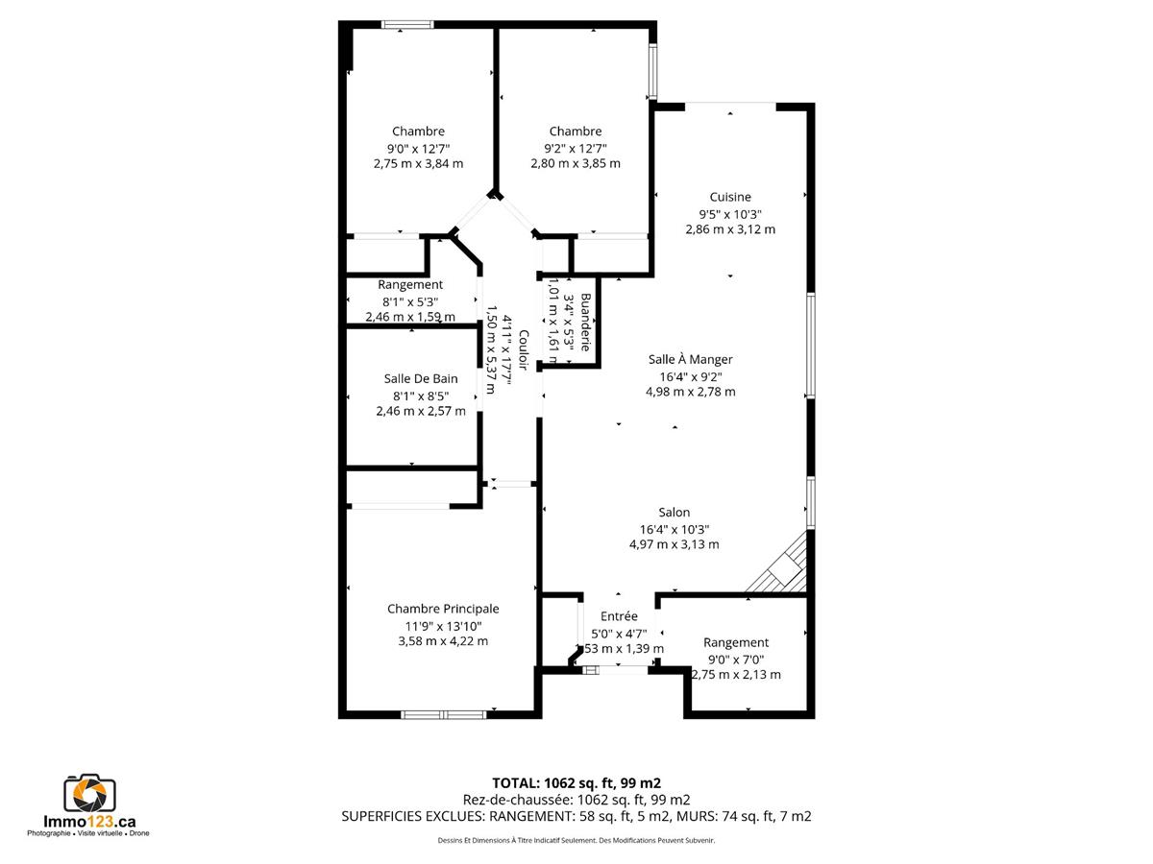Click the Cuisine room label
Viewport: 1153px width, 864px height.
coord(729,197)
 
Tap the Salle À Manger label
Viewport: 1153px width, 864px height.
coord(690,359)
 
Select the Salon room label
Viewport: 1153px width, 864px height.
coord(674,512)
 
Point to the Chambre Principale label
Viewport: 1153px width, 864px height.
coord(443,609)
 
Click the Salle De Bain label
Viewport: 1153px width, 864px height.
coord(420,379)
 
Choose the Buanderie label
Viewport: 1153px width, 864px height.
coord(585,323)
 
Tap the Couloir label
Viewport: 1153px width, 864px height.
coord(524,349)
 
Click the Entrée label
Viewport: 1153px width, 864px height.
coord(619,616)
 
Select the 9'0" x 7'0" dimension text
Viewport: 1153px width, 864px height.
coord(735,660)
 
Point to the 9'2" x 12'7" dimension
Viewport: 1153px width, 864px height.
coord(576,149)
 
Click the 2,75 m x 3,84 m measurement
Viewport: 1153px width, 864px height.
coord(418,163)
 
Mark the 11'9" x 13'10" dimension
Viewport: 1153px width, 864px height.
coord(443,626)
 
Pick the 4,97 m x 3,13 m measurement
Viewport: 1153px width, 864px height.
coord(674,544)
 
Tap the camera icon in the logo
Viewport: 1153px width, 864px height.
coord(89,792)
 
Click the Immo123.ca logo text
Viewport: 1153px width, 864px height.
coord(89,822)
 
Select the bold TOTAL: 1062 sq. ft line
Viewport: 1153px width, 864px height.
coord(576,783)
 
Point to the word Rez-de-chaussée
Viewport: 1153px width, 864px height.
coord(517,800)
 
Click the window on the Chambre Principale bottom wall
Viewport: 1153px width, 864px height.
coord(444,714)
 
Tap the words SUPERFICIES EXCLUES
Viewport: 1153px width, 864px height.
coord(413,816)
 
